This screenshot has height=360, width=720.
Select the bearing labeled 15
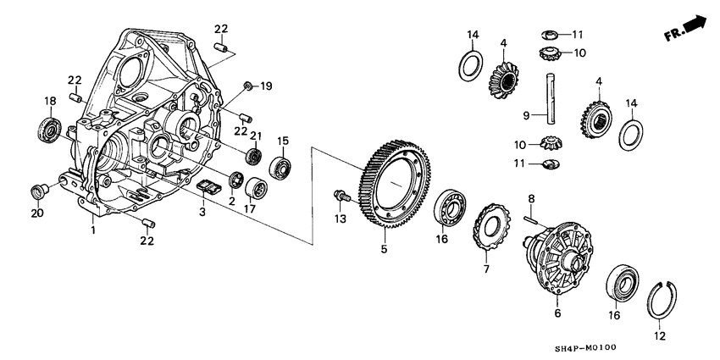[x=280, y=168]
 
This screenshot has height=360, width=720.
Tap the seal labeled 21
[x=252, y=157]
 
